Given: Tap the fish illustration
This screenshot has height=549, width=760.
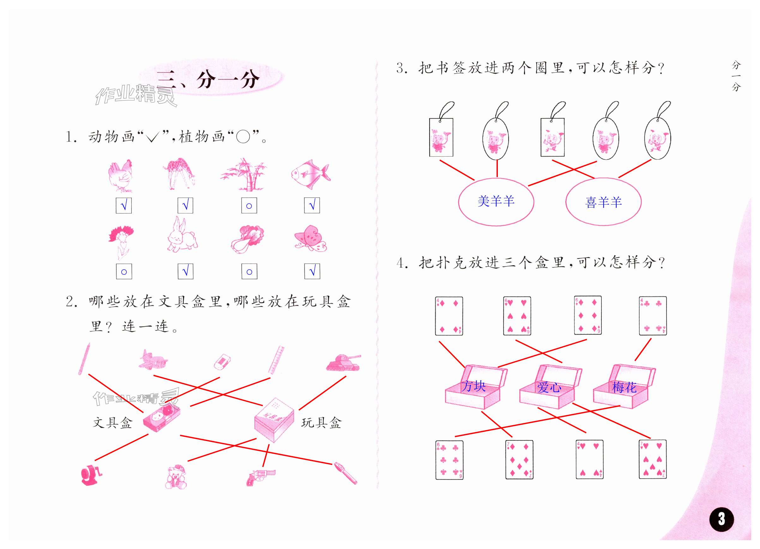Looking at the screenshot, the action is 310,174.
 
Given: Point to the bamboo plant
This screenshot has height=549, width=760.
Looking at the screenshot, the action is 244,175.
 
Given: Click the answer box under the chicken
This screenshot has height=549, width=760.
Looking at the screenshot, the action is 124,205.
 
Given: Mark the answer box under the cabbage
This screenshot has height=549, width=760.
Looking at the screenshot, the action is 249,271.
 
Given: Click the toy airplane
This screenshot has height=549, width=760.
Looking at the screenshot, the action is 153,360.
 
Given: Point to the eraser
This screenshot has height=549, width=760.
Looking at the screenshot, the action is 222,362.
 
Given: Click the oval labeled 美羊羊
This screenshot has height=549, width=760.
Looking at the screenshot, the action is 496,202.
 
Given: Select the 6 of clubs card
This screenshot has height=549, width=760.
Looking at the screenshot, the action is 449,460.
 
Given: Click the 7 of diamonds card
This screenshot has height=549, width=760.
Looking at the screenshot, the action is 519,460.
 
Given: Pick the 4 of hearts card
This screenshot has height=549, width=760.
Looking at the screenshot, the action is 589,460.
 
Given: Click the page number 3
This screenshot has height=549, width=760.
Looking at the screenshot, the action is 721,519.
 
